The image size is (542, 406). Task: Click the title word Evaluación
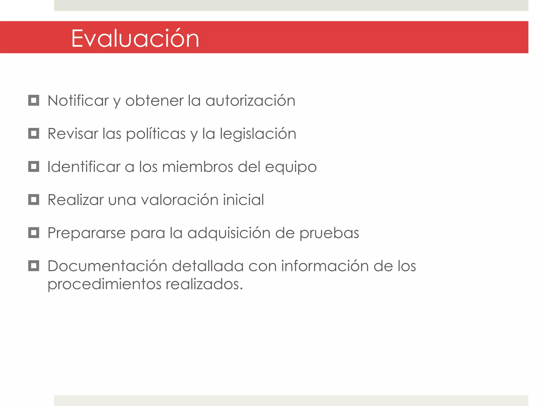(135, 39)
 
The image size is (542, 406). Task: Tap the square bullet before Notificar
(34, 100)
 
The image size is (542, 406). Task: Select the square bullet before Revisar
(34, 133)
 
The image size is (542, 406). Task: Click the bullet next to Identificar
(34, 167)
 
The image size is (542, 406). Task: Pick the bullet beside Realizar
(34, 200)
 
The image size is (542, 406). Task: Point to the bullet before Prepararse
(34, 233)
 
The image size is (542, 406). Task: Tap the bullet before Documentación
(34, 266)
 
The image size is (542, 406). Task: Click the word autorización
(250, 101)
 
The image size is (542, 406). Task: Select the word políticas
(156, 134)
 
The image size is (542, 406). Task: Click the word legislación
(258, 134)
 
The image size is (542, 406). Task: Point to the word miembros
(197, 167)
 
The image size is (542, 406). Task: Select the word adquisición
(229, 233)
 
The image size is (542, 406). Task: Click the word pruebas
(329, 233)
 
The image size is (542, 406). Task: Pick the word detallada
(207, 266)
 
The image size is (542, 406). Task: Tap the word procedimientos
(104, 284)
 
